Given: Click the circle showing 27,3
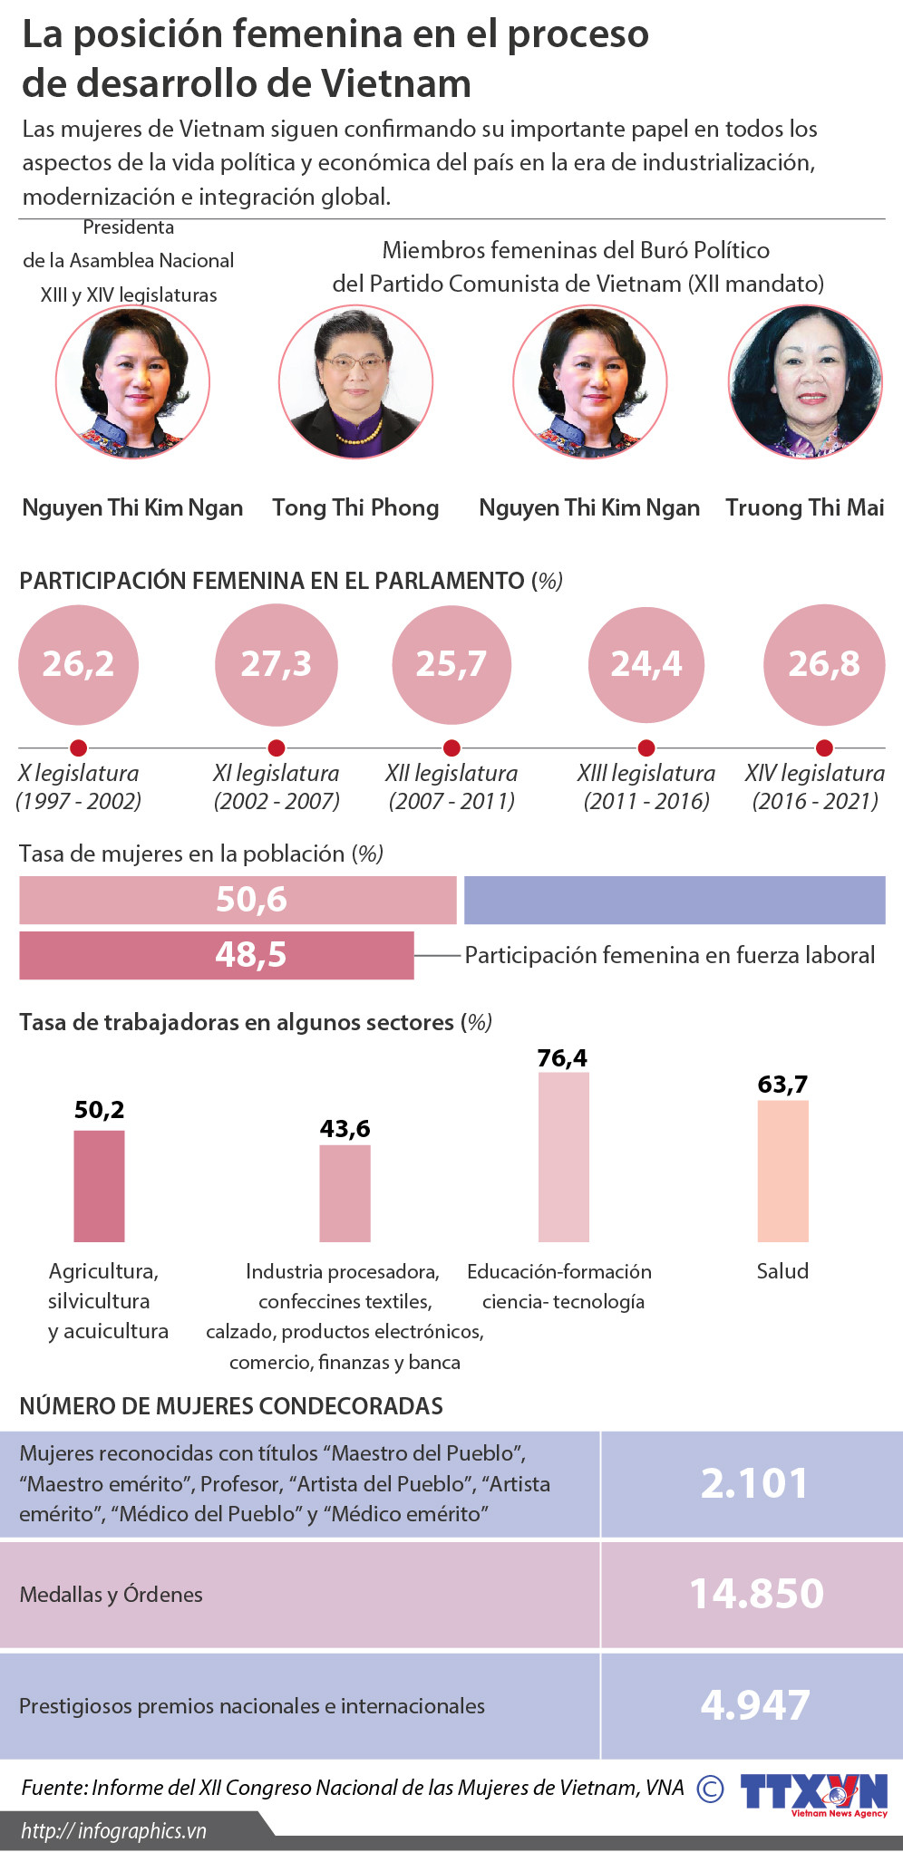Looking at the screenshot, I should (x=277, y=665).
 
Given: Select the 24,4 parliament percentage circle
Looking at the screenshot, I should (x=646, y=665).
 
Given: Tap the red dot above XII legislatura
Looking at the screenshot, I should (x=451, y=748).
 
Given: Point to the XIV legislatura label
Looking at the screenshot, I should (x=815, y=774).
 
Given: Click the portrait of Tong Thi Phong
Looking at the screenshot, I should (x=355, y=381).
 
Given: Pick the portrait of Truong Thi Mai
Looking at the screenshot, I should (x=805, y=381).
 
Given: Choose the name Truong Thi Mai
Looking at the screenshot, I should (x=805, y=507).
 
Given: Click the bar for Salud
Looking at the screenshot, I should (x=782, y=1171).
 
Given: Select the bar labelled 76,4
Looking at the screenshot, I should (x=563, y=1157).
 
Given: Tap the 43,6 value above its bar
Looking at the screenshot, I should (x=345, y=1128).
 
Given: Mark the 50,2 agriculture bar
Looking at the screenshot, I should (x=99, y=1185).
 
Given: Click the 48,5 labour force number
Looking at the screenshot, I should (x=251, y=955).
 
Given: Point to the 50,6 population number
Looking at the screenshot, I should (x=251, y=900).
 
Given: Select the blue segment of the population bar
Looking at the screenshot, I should (x=675, y=900).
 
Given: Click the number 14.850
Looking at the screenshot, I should (x=756, y=1594).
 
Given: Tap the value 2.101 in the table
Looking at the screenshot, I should (x=754, y=1483).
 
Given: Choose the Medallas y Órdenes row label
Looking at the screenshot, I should (x=112, y=1595).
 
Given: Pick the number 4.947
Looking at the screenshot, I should (x=755, y=1705).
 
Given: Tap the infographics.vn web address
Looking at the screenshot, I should (x=114, y=1831).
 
